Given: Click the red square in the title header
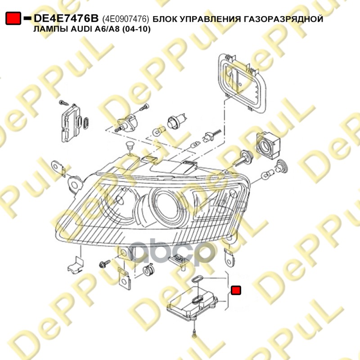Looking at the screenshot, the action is tap(13, 18).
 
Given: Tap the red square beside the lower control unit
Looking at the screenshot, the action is tap(236, 290).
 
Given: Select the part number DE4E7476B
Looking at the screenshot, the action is tap(66, 18).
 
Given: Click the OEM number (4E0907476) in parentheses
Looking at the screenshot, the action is tap(126, 19).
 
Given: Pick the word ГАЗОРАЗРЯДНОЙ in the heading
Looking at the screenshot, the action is tap(283, 19).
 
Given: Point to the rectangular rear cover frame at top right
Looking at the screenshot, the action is tap(242, 83).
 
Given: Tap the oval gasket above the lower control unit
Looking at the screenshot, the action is tap(197, 279).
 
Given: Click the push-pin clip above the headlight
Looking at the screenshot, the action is tap(130, 147).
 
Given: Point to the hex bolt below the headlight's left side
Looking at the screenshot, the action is tap(103, 264).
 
